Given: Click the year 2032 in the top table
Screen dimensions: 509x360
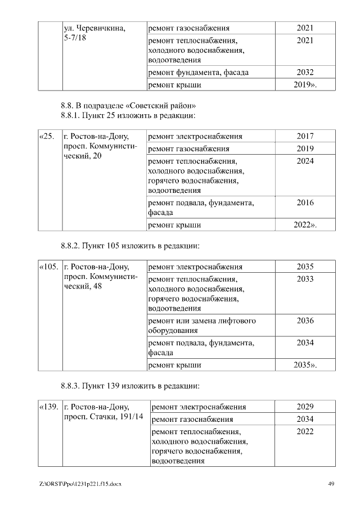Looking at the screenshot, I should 305,72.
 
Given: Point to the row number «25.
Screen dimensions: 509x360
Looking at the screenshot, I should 47,136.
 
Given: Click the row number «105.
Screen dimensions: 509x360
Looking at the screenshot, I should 48,267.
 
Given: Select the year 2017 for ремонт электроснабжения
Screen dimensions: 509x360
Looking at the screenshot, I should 305,136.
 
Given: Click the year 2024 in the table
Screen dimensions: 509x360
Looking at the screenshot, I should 305,161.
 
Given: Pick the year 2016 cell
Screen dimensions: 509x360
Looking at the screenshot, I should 305,202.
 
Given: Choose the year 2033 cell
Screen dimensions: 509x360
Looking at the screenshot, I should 305,279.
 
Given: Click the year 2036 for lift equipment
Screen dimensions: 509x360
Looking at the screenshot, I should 305,321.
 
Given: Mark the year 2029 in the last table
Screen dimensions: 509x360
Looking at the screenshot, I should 305,407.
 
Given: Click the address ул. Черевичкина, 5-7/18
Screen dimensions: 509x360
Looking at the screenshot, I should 94,33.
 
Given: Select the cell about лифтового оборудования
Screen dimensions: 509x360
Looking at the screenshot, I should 201,326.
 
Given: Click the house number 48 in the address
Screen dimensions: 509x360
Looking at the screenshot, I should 97,287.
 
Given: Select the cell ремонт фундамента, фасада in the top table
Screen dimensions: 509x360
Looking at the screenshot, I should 198,73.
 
